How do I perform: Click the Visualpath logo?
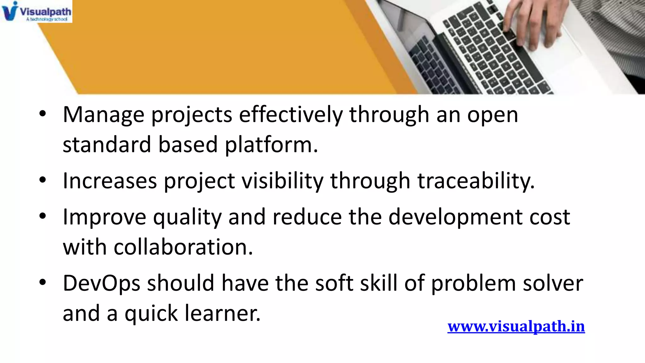click(36, 11)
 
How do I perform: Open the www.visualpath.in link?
click(516, 326)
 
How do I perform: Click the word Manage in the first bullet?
click(104, 115)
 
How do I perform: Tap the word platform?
click(271, 145)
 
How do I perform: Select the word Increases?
click(110, 181)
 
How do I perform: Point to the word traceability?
click(476, 181)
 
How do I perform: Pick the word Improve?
click(105, 217)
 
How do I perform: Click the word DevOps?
click(101, 283)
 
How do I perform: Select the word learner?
click(222, 313)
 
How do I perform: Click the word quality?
click(187, 217)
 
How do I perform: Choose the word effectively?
click(291, 115)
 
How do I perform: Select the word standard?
click(107, 145)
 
